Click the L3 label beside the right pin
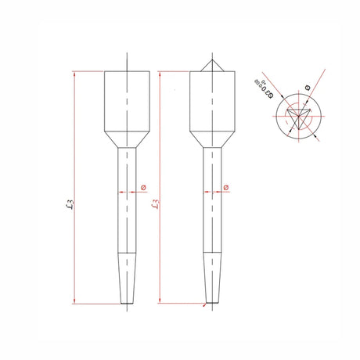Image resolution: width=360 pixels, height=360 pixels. pyautogui.click(x=156, y=205)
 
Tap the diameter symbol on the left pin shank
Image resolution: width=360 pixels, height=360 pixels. pyautogui.click(x=142, y=188)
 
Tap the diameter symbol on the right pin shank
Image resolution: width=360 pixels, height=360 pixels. pyautogui.click(x=227, y=188)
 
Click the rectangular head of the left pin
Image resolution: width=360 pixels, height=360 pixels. pyautogui.click(x=126, y=102)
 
